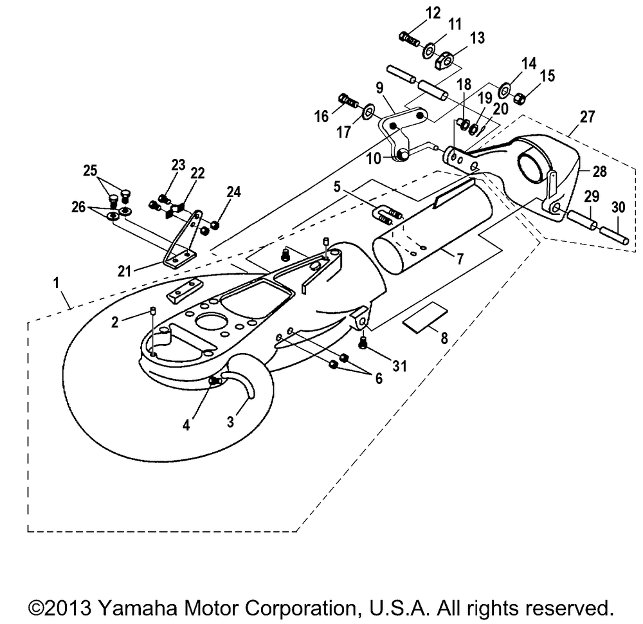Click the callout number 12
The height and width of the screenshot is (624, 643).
(x=433, y=13)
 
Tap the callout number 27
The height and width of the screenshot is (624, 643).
(x=587, y=116)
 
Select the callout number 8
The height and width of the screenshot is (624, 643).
(x=444, y=338)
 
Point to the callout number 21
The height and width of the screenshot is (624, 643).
(x=124, y=271)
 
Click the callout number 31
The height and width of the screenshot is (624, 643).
(x=399, y=365)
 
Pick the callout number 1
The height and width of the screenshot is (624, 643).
(x=56, y=282)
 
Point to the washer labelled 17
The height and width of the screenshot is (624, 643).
(x=368, y=110)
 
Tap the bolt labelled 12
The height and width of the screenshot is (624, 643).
(x=409, y=39)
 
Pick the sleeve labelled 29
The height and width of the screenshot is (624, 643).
(x=582, y=220)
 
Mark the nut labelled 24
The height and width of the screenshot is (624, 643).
(x=215, y=225)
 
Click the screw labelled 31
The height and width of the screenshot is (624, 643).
(x=362, y=343)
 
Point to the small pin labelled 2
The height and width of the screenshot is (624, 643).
(x=152, y=311)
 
